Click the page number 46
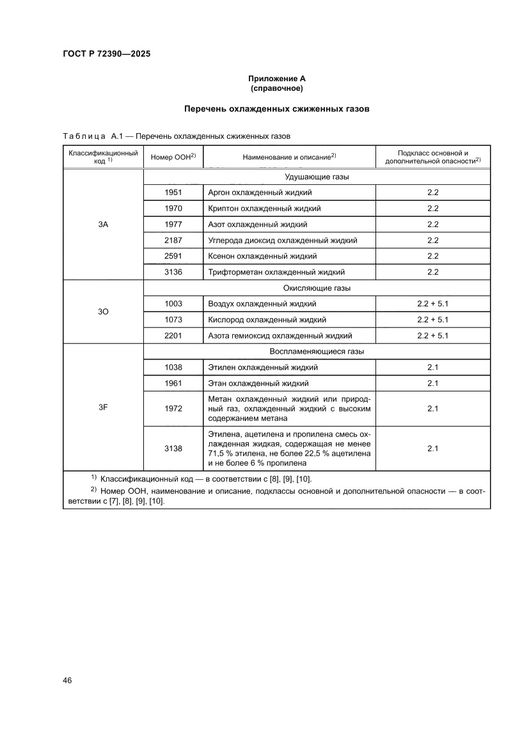click(x=67, y=680)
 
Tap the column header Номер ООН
click(x=173, y=157)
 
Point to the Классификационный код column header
click(x=103, y=157)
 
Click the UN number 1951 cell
click(x=173, y=192)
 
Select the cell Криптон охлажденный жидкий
click(x=264, y=208)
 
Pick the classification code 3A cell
click(x=103, y=224)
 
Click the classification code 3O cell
click(x=103, y=312)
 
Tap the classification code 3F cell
click(x=103, y=407)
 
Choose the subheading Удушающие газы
click(x=316, y=177)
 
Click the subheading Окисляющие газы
click(x=316, y=288)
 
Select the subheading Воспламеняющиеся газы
click(x=316, y=351)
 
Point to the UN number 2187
click(x=173, y=240)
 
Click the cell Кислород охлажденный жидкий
click(x=267, y=319)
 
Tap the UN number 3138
click(x=173, y=449)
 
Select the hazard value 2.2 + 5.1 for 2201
click(x=432, y=335)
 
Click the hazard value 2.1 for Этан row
click(x=432, y=383)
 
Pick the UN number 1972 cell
click(x=173, y=408)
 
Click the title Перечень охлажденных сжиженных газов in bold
click(x=276, y=109)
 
